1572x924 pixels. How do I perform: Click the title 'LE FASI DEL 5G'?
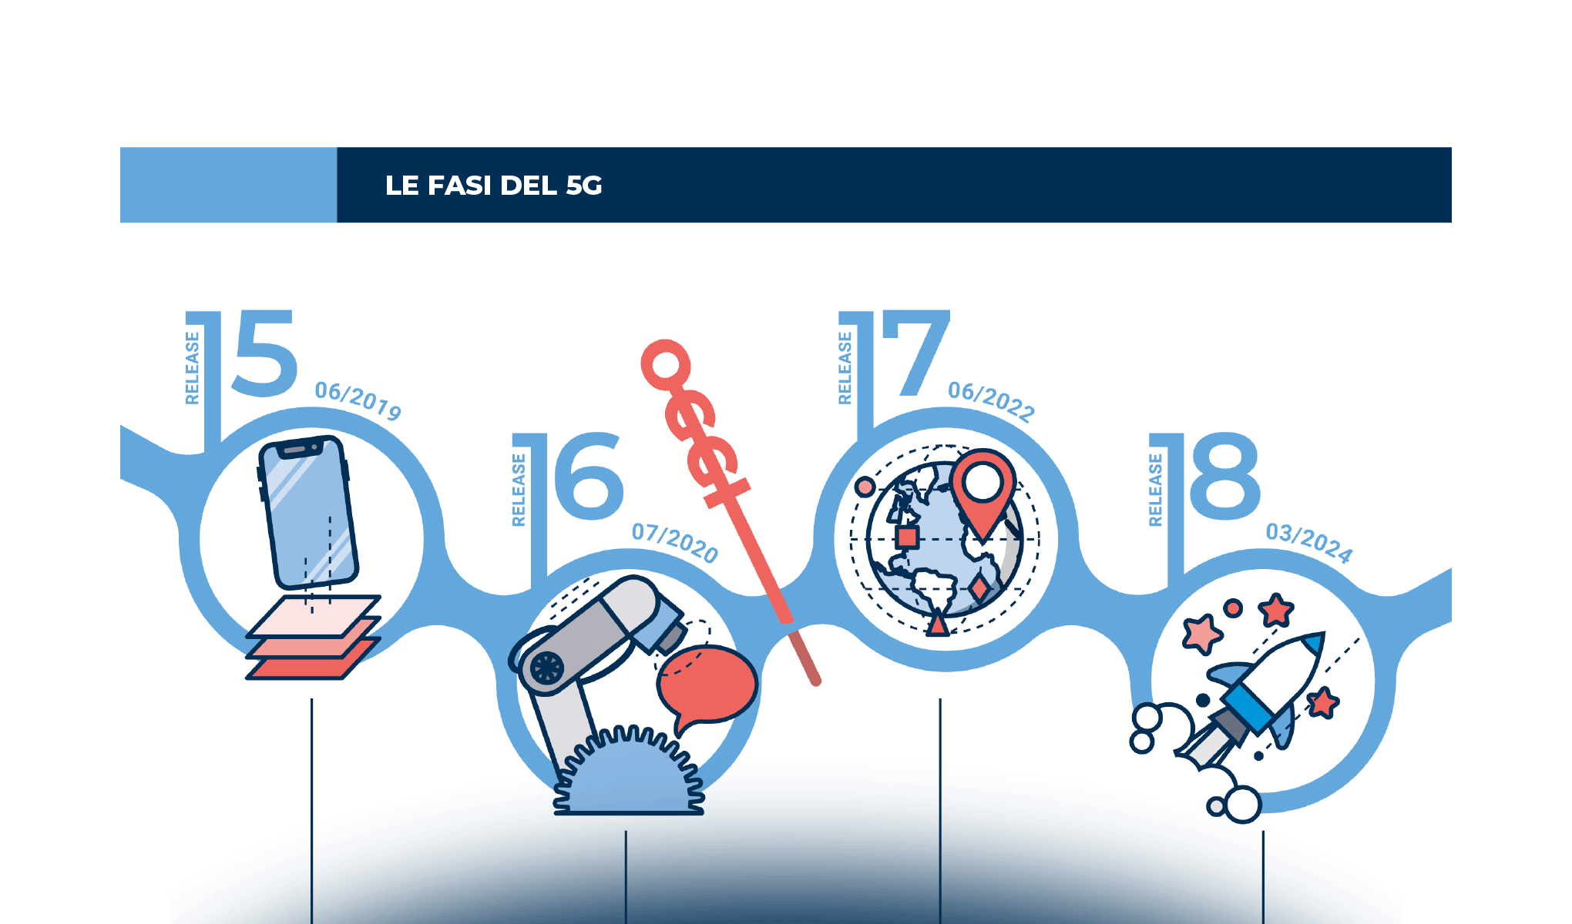(493, 186)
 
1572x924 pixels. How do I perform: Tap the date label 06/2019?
(358, 400)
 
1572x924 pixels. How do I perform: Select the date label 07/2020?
(675, 542)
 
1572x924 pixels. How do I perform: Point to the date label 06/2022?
(992, 401)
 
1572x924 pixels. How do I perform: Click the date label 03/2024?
(1309, 543)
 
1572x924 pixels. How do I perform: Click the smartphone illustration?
(308, 512)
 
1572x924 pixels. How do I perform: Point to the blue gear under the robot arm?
(628, 778)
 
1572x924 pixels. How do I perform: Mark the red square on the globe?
(907, 537)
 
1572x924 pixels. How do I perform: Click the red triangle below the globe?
(938, 624)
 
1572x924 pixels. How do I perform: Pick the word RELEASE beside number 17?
(845, 368)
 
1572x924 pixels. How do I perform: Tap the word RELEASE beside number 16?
(519, 490)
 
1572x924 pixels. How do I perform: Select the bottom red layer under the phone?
(308, 667)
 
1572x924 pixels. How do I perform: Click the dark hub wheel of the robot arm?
(546, 668)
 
